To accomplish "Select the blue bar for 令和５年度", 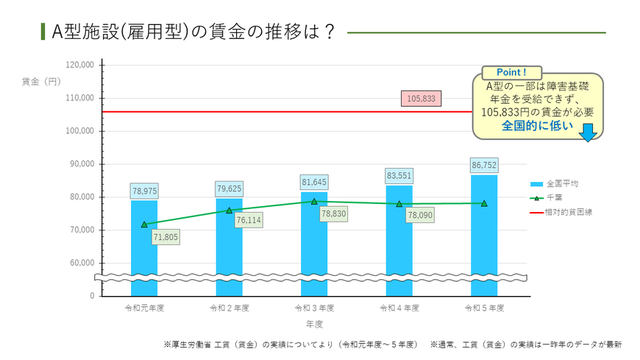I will pyautogui.click(x=484, y=228).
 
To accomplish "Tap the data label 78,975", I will pyautogui.click(x=144, y=191).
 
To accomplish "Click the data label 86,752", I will pyautogui.click(x=484, y=166).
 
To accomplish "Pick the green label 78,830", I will pyautogui.click(x=333, y=214).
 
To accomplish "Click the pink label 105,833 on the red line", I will pyautogui.click(x=421, y=98).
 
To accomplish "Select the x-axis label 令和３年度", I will pyautogui.click(x=314, y=307).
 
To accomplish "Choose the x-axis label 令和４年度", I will pyautogui.click(x=399, y=307).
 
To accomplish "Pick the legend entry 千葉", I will pyautogui.click(x=552, y=197).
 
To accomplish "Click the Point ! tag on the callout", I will pyautogui.click(x=511, y=73).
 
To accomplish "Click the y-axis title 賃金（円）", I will pyautogui.click(x=41, y=82).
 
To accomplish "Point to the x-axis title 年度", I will pyautogui.click(x=314, y=324).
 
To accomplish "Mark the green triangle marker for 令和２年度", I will pyautogui.click(x=230, y=211).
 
